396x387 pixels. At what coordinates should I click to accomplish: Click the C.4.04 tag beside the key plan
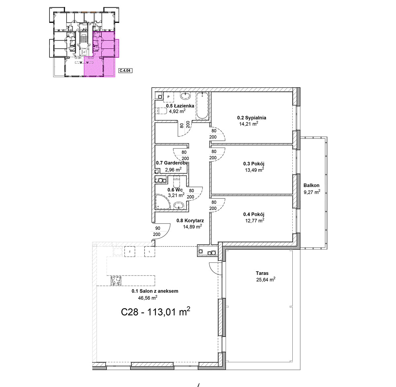(x=125, y=71)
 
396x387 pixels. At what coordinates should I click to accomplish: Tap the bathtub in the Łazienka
(x=202, y=106)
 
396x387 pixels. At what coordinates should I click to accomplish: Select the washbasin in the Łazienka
(x=185, y=96)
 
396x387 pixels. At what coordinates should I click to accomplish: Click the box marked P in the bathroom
(x=169, y=97)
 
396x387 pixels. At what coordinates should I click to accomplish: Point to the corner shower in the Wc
(x=162, y=202)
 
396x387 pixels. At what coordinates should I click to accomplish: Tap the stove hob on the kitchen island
(x=116, y=281)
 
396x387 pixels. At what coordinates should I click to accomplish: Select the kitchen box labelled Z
(x=130, y=252)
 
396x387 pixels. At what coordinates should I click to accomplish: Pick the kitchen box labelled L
(x=149, y=252)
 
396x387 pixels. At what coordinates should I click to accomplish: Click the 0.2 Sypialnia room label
(x=251, y=118)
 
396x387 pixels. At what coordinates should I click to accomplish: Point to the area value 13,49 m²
(x=254, y=170)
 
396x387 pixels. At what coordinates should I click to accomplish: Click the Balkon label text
(x=311, y=185)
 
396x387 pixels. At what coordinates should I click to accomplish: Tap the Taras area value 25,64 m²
(x=266, y=279)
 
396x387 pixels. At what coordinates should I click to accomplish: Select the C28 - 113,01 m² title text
(x=156, y=312)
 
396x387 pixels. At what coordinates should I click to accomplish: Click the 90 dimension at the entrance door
(x=158, y=228)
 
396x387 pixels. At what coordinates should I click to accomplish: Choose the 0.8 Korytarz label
(x=190, y=221)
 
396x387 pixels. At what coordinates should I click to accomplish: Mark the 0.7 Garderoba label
(x=171, y=163)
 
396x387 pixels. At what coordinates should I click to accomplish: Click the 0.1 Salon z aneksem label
(x=155, y=291)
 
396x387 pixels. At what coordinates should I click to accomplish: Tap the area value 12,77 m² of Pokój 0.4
(x=255, y=220)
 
